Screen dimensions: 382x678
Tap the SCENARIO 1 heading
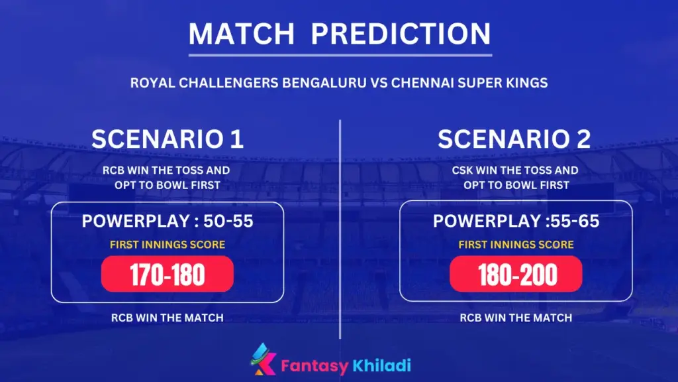coord(168,139)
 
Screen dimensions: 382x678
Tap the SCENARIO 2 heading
coord(514,139)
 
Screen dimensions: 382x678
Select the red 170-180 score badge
coord(168,274)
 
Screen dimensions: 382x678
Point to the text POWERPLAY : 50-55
coord(168,222)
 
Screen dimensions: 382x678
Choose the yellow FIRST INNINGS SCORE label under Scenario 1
coord(168,245)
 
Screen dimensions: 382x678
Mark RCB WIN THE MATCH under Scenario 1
coord(168,318)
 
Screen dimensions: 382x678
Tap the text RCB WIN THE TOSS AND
coord(168,170)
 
